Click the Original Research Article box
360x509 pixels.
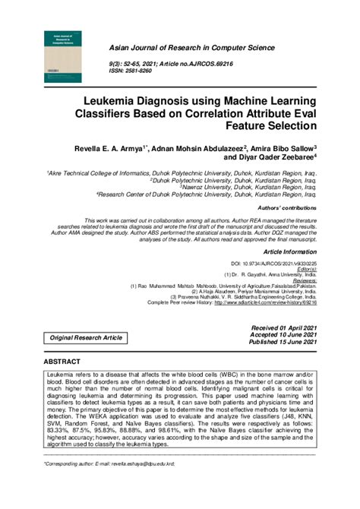click(86, 337)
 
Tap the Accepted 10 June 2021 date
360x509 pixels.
click(283, 334)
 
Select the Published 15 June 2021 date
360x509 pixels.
click(283, 343)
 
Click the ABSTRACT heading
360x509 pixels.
click(65, 363)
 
